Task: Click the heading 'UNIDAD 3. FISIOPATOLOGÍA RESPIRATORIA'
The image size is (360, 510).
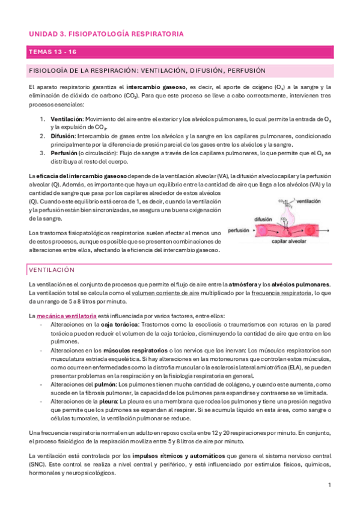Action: pos(106,34)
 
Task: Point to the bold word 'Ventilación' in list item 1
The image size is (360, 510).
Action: pos(66,119)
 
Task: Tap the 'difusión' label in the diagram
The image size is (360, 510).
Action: pos(264,220)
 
